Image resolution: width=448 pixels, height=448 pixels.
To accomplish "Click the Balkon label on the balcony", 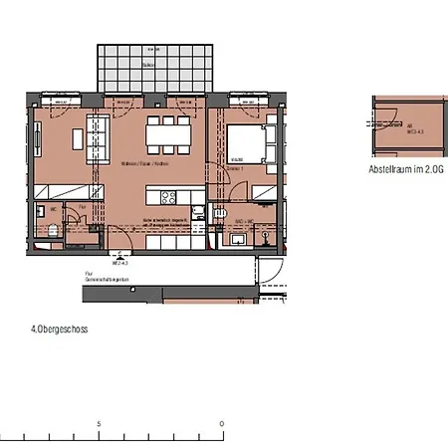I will point(147,65).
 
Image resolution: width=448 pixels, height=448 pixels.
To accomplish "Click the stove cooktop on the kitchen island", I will point(165,196).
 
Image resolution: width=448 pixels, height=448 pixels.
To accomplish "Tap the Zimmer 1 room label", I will point(237,171).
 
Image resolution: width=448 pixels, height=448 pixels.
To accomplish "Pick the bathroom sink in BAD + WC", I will point(237,240).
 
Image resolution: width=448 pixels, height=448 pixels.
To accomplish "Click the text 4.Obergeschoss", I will point(60,327).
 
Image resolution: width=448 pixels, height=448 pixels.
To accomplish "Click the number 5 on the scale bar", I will point(99,423).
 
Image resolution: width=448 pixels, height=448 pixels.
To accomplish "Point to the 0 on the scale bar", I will point(221,423).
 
